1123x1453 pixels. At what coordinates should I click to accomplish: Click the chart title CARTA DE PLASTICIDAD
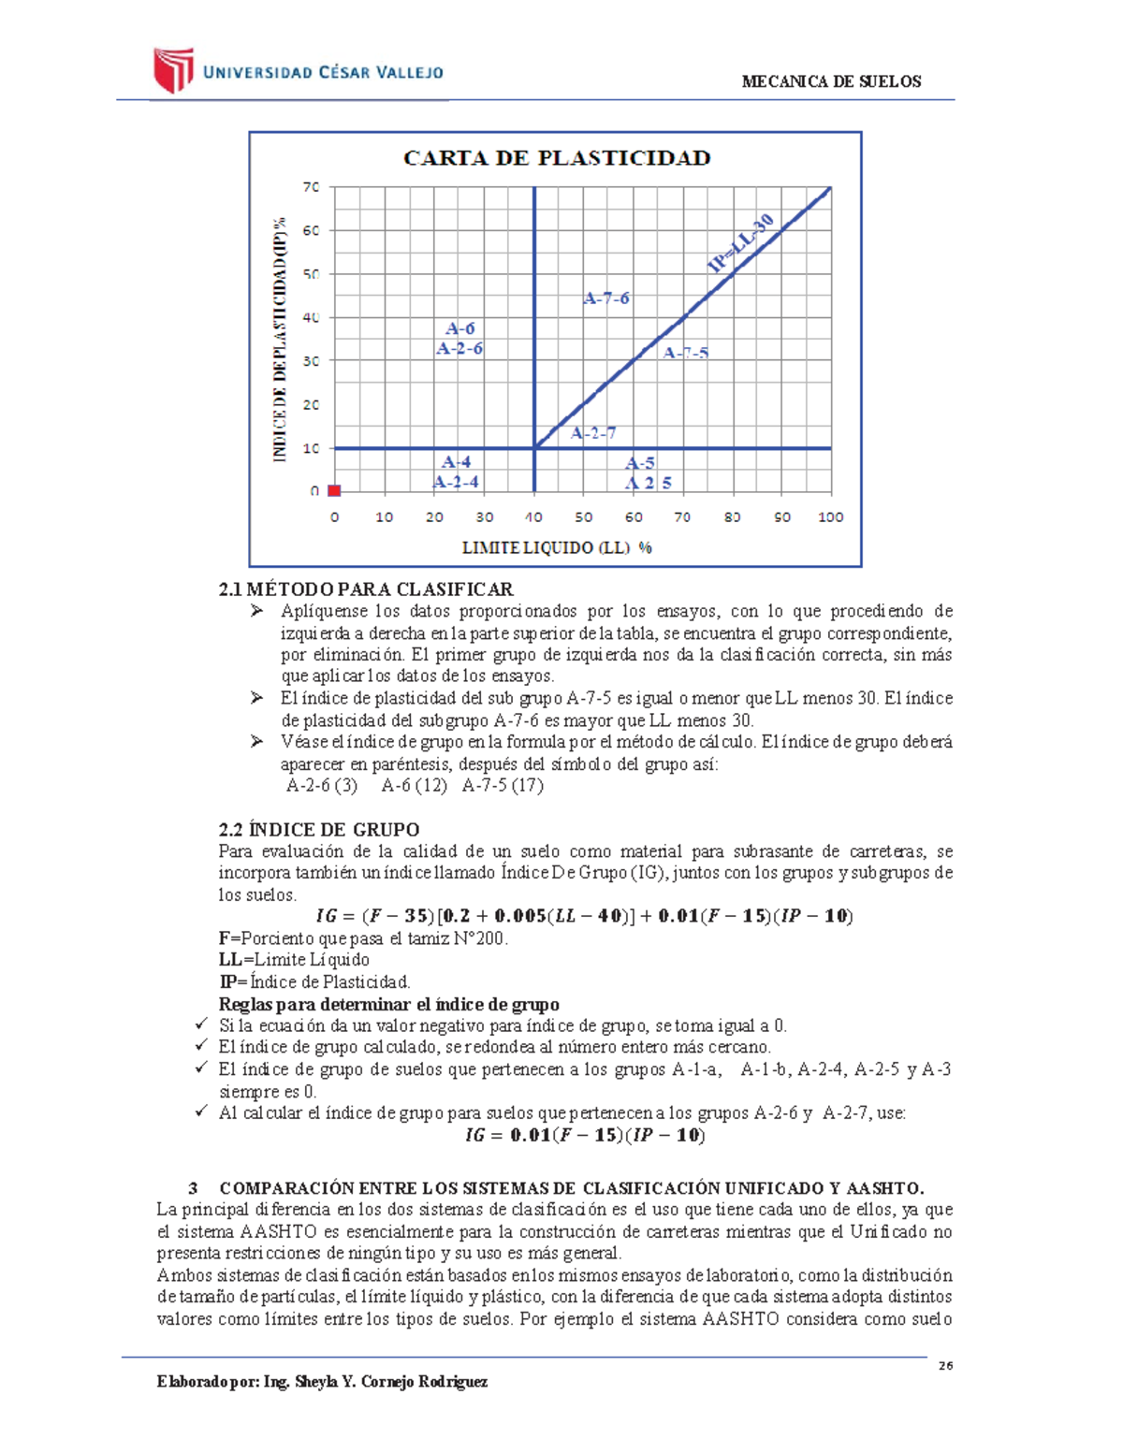(557, 158)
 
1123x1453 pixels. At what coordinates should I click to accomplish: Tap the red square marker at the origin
(334, 490)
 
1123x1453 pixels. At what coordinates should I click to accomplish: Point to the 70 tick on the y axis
(311, 187)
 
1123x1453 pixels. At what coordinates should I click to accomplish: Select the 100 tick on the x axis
(830, 516)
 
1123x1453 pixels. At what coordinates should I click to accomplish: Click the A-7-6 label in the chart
(606, 298)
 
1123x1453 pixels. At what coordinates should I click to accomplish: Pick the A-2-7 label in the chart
(593, 433)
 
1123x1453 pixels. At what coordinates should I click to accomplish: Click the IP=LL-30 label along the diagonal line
(741, 243)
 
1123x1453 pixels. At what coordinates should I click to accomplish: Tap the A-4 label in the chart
(457, 461)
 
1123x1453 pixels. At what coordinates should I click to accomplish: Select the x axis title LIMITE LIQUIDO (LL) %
(557, 547)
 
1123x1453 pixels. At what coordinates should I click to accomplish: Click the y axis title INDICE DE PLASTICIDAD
(279, 339)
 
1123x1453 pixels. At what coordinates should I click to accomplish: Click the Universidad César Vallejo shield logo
(173, 70)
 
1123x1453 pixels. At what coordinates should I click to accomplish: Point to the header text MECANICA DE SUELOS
(831, 81)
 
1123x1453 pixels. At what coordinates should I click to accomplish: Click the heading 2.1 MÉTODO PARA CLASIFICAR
(366, 589)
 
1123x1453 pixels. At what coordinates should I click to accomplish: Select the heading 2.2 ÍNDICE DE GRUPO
(319, 829)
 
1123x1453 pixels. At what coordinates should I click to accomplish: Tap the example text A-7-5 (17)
(503, 785)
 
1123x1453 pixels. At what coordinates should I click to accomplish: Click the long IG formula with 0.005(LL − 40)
(584, 916)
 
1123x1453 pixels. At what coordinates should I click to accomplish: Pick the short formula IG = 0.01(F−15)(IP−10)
(585, 1135)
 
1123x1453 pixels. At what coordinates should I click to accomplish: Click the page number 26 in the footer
(945, 1366)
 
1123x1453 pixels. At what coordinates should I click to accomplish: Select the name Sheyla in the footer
(314, 1382)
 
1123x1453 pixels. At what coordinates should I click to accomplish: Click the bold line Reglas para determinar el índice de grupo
(389, 1004)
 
